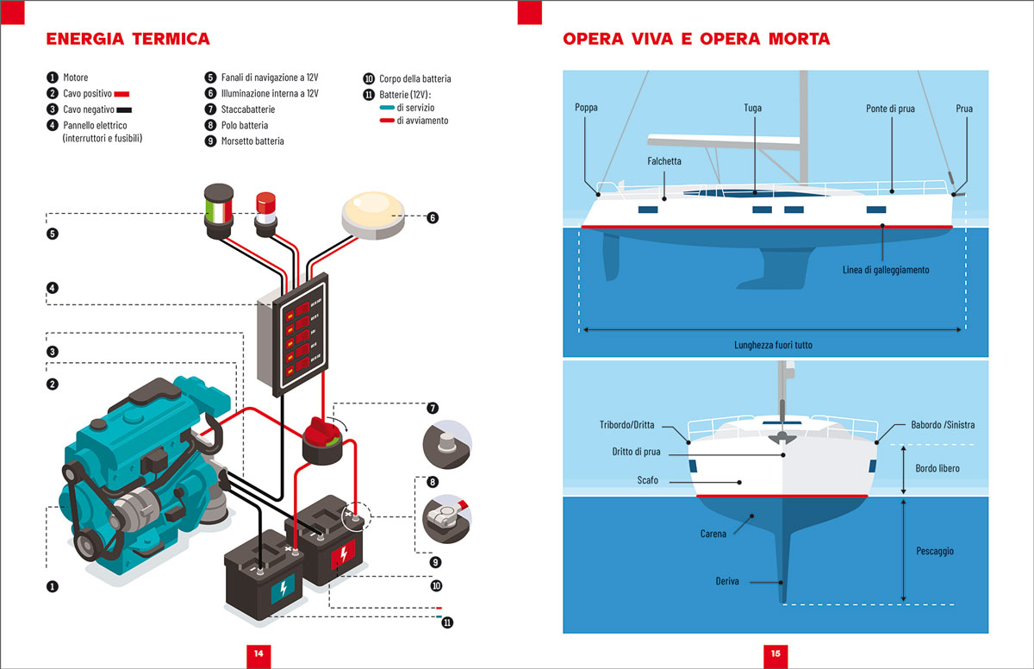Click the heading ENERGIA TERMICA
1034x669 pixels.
coord(128,40)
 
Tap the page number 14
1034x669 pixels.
coord(258,653)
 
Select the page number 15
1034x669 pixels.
coord(775,653)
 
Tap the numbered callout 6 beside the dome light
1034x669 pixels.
coord(433,218)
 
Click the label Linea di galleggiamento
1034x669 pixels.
coord(885,270)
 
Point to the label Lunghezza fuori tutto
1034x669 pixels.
coord(773,345)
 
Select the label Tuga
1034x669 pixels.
coord(752,109)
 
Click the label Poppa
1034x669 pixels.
coord(586,108)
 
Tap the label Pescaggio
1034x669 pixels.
coord(934,551)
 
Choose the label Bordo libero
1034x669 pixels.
coord(936,468)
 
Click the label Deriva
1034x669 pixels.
coord(727,582)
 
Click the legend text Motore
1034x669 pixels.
coord(75,78)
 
